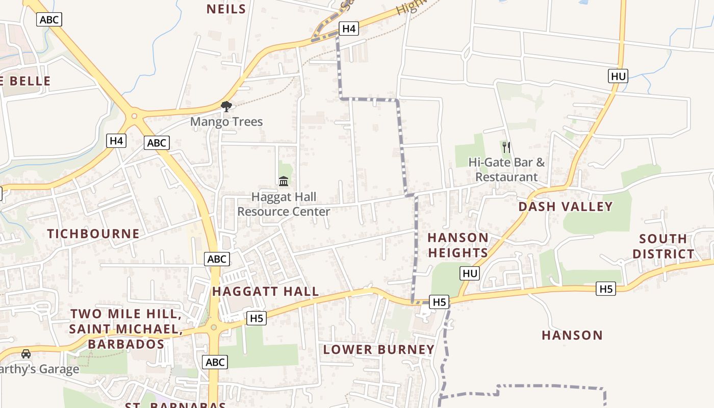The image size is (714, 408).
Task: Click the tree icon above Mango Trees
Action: click(226, 106)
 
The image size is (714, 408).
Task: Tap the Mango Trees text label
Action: click(226, 122)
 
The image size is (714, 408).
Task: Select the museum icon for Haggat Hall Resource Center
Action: click(284, 181)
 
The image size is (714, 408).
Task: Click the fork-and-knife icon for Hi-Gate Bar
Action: click(506, 147)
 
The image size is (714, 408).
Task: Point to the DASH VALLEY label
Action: click(565, 207)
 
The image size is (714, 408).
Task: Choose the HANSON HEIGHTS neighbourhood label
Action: click(458, 245)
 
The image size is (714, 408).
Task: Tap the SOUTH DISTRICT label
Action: click(663, 246)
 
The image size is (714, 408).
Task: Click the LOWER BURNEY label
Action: click(378, 349)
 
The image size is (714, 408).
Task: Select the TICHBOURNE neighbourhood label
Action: click(93, 234)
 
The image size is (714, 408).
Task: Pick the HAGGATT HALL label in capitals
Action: click(265, 291)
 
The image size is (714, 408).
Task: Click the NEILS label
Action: click(226, 9)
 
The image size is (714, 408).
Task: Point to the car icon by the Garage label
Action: click(25, 353)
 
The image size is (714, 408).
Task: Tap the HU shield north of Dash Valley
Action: click(618, 76)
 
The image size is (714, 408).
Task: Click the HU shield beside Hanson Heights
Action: click(470, 273)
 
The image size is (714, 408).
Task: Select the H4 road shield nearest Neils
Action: click(349, 29)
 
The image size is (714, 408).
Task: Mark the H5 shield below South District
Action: click(606, 289)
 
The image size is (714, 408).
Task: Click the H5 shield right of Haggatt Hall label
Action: click(257, 318)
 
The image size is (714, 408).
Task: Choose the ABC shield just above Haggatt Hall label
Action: click(217, 259)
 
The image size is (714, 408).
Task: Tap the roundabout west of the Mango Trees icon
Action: click(135, 116)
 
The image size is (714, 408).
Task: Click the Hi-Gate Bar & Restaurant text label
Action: click(506, 170)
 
